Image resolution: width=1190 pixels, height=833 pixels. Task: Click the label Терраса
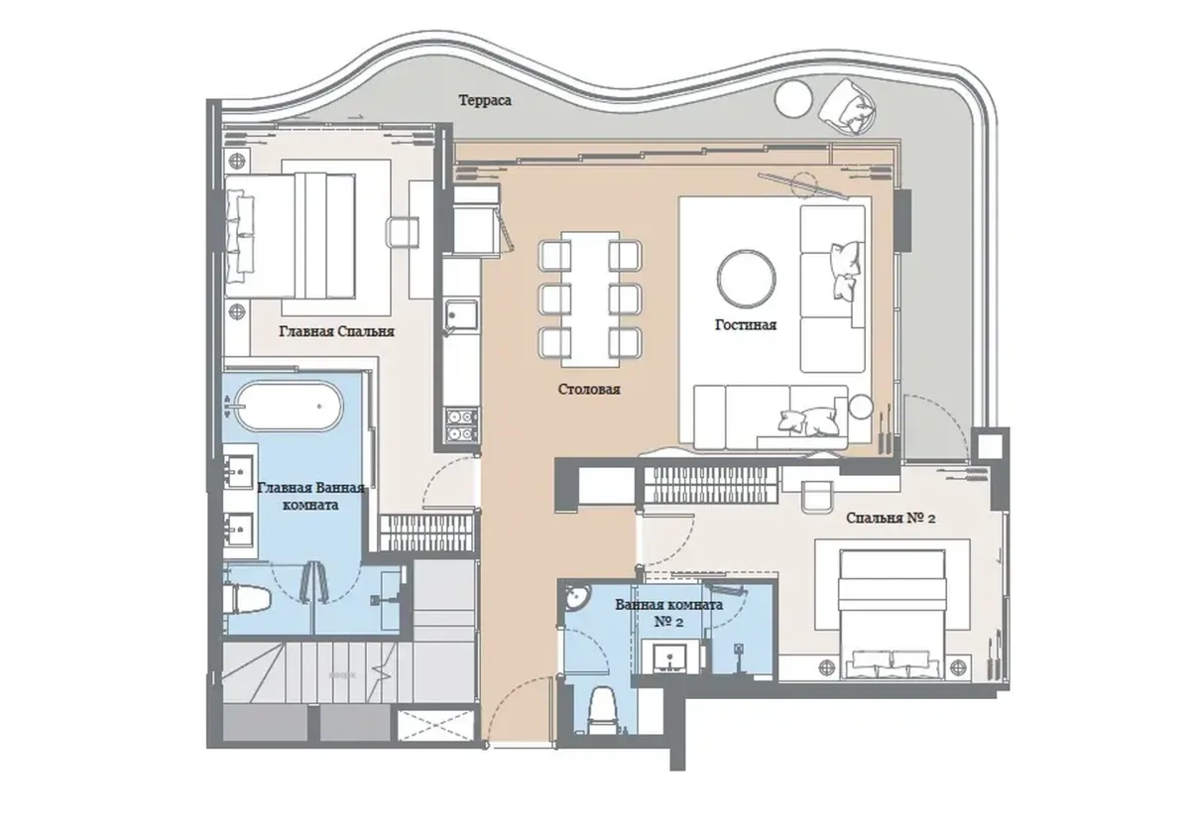485,100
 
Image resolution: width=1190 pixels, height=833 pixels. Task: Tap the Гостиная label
745,324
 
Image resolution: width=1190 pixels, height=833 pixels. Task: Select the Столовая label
589,390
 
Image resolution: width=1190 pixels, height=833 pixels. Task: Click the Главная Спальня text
337,333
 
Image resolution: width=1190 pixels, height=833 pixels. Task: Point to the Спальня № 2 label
892,518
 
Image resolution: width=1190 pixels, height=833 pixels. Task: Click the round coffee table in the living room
746,279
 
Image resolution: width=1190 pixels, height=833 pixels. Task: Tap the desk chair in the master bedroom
404,231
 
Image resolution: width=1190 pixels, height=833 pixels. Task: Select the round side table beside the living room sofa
861,406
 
